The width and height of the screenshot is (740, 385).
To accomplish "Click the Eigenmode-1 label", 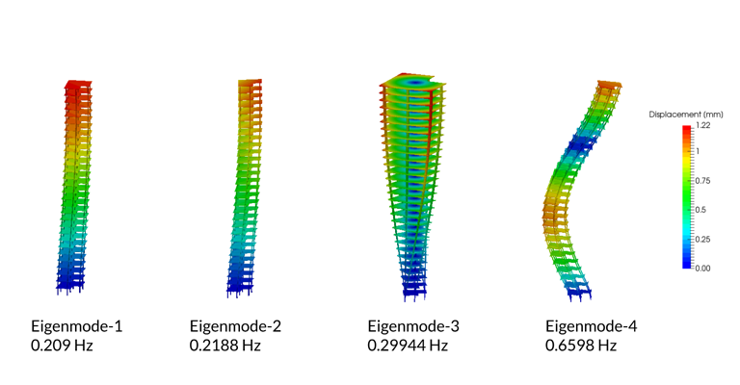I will click(x=77, y=326).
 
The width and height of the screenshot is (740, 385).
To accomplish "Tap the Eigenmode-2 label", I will click(x=236, y=326).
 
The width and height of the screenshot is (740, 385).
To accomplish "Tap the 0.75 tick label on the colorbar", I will click(x=703, y=180).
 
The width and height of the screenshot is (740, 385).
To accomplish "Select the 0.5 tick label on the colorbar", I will click(x=701, y=210).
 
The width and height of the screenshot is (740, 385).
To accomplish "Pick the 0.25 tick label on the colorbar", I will click(x=703, y=239).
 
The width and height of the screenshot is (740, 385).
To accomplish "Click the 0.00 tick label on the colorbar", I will click(x=702, y=269).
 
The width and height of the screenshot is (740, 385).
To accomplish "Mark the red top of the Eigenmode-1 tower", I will click(x=77, y=87).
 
